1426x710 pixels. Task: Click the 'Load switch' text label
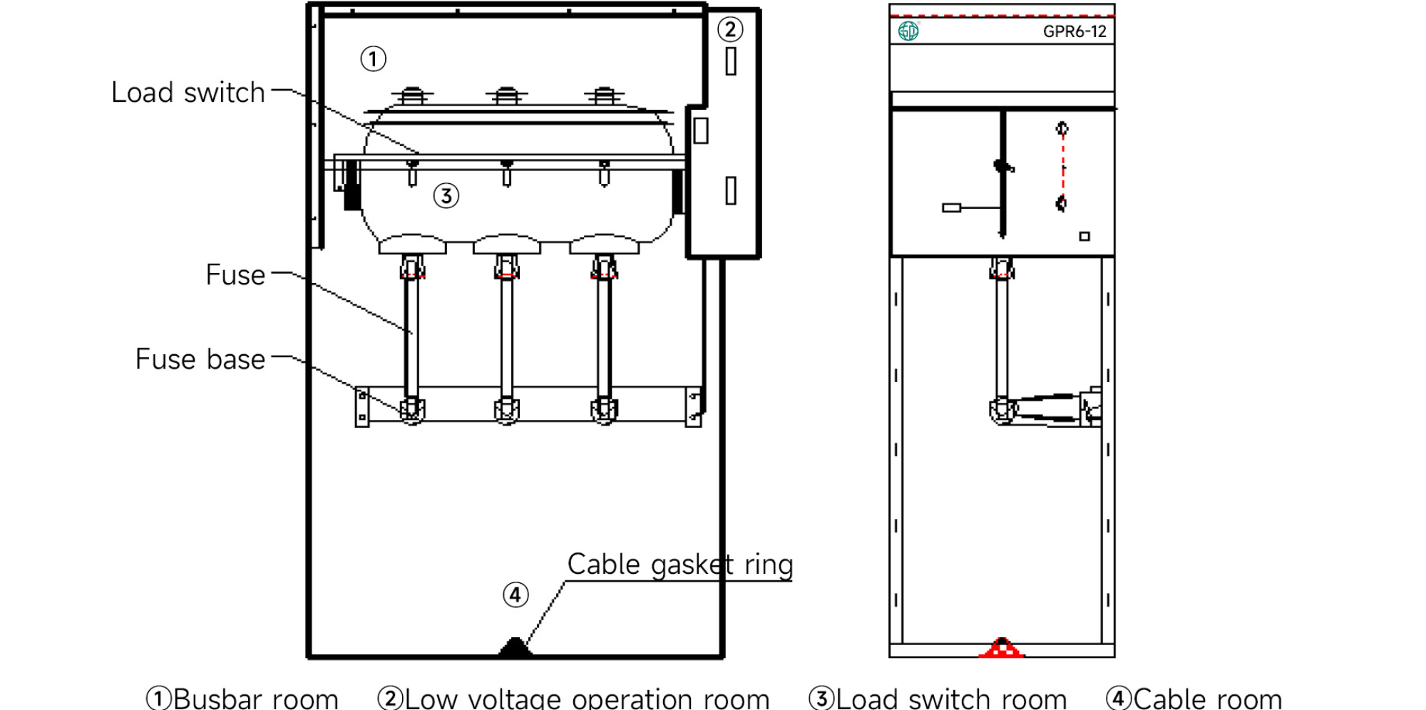pos(188,93)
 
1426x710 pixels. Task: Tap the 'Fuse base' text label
pos(200,359)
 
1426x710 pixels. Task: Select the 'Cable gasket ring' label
pos(679,565)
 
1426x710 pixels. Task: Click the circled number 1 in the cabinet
pos(373,58)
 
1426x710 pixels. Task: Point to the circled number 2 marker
pos(730,29)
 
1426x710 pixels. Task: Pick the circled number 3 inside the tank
pos(446,195)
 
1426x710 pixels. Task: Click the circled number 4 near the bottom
pos(515,595)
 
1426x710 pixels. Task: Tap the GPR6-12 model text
pos(1074,31)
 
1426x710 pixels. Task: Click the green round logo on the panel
pos(908,31)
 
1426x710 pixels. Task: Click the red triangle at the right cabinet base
pos(1002,648)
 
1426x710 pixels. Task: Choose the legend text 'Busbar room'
pos(255,699)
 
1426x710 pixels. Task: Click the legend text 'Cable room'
pos(1207,699)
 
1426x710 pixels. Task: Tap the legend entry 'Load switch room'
pos(950,699)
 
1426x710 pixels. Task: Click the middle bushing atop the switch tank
pos(507,96)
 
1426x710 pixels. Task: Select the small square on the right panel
pos(1084,236)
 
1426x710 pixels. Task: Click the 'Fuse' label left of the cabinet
pos(235,275)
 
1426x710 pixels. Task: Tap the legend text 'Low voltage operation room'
pos(586,699)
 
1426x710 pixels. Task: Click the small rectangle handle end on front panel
pos(951,207)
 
